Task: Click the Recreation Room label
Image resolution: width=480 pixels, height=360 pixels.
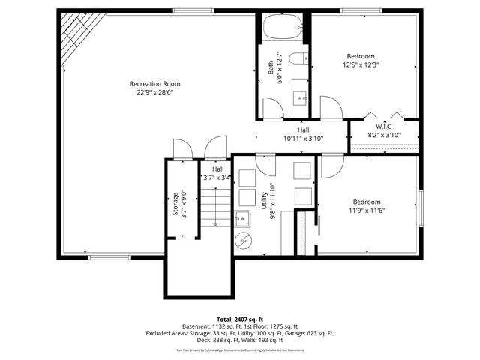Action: click(x=154, y=84)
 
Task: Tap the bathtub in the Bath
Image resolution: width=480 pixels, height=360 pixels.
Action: click(x=283, y=29)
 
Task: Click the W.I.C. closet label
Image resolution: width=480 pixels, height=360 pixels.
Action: click(x=384, y=127)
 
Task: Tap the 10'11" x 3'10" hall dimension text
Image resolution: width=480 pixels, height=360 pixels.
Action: click(x=303, y=139)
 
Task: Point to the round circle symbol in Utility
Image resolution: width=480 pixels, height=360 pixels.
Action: click(x=244, y=241)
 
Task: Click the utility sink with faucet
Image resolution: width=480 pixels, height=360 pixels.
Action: click(x=243, y=219)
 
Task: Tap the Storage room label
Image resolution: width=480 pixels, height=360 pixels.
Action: click(x=175, y=204)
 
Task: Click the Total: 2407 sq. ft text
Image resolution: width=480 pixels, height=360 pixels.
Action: click(x=240, y=319)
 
